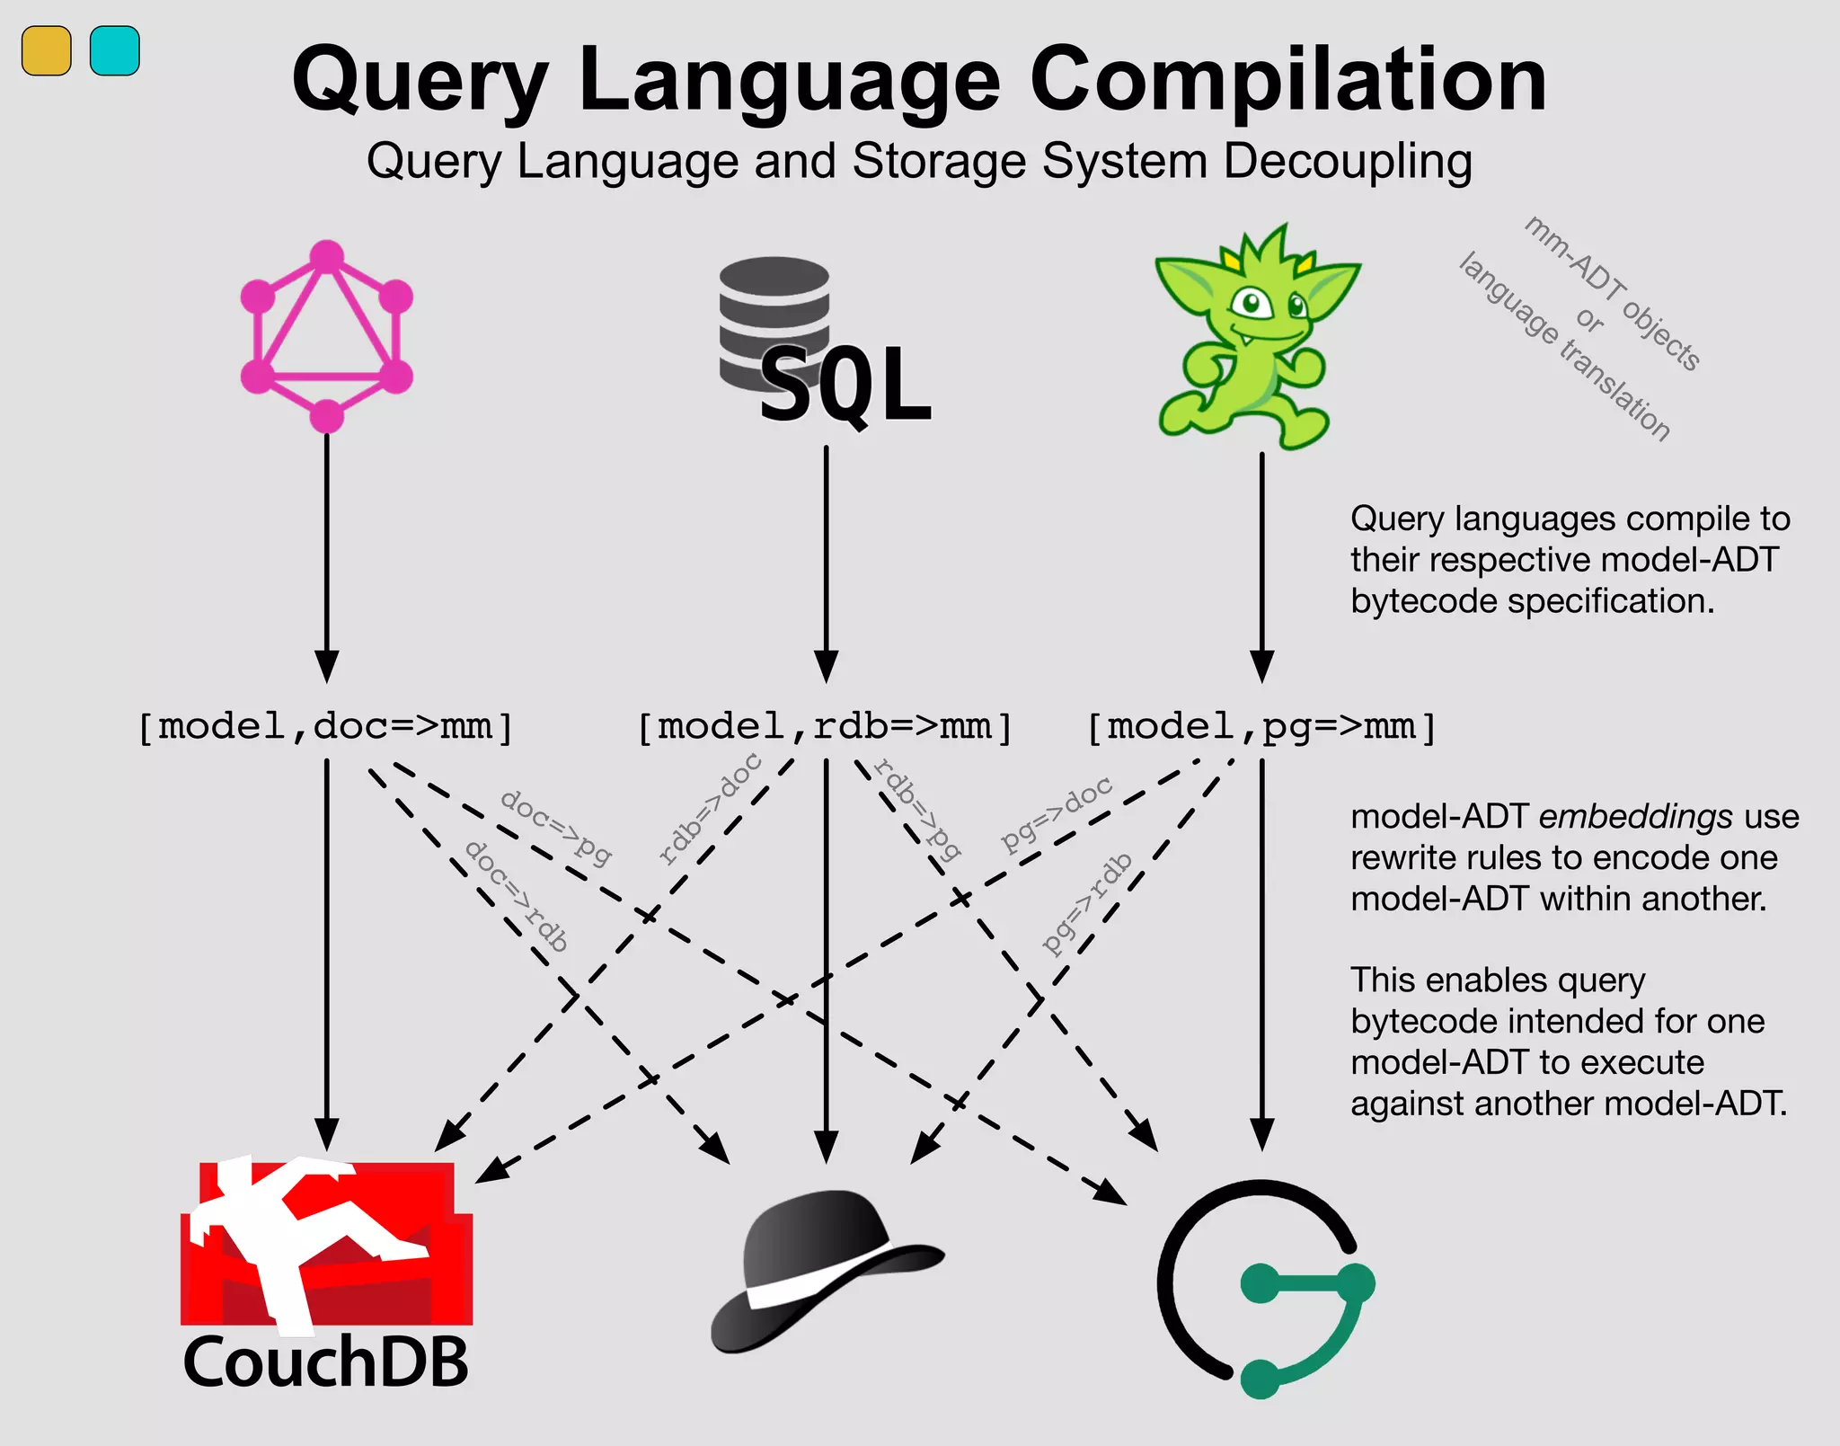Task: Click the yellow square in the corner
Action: tap(46, 51)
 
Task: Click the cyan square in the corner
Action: tap(115, 51)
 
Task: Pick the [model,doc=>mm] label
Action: tap(325, 726)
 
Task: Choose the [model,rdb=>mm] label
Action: tap(825, 726)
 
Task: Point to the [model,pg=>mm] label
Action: tap(1261, 726)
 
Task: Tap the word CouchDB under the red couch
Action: tap(325, 1362)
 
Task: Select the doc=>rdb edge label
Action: tap(517, 895)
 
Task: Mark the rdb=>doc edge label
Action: tap(710, 809)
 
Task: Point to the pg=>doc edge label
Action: tap(1057, 813)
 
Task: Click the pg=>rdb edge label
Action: tap(1087, 903)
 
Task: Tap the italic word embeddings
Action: tap(1635, 816)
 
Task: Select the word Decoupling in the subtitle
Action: tap(1347, 162)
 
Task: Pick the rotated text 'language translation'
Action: tap(1564, 347)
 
